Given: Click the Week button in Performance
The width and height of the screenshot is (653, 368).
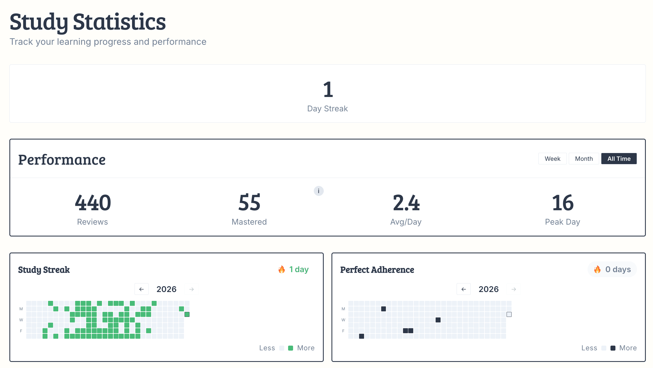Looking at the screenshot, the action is [x=552, y=159].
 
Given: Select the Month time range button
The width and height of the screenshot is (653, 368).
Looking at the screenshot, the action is [x=584, y=159].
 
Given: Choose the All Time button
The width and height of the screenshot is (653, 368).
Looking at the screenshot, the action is [x=619, y=159].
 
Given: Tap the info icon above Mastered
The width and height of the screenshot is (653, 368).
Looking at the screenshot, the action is [x=318, y=191].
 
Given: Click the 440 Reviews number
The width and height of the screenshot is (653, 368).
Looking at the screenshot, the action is [x=93, y=203].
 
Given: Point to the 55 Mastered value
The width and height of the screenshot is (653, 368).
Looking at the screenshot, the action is [x=249, y=203].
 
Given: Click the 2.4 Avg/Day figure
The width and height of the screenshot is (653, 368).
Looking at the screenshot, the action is [x=406, y=203].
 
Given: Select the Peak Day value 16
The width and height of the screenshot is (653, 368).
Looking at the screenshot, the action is [x=563, y=203].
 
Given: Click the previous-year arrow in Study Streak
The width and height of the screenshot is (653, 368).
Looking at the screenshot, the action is [x=141, y=289].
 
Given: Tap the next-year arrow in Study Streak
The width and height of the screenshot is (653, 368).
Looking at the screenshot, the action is [x=191, y=289].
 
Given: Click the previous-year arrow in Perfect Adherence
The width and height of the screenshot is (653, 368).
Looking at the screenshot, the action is [x=464, y=289].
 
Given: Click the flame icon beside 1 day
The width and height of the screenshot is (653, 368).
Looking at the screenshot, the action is [x=281, y=269].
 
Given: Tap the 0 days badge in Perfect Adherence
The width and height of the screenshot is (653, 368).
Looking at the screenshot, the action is [x=612, y=269].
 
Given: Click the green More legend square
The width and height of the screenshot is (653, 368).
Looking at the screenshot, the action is [x=290, y=348].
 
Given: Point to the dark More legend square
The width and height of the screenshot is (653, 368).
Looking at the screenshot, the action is [x=613, y=348].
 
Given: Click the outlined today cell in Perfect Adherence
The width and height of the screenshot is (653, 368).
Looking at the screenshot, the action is [x=509, y=314].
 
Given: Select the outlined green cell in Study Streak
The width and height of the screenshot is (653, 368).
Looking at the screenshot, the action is [x=187, y=314].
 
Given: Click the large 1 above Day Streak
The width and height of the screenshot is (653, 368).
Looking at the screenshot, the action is [x=328, y=90].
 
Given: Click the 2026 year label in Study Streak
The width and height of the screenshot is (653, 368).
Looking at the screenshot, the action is [x=166, y=289].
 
